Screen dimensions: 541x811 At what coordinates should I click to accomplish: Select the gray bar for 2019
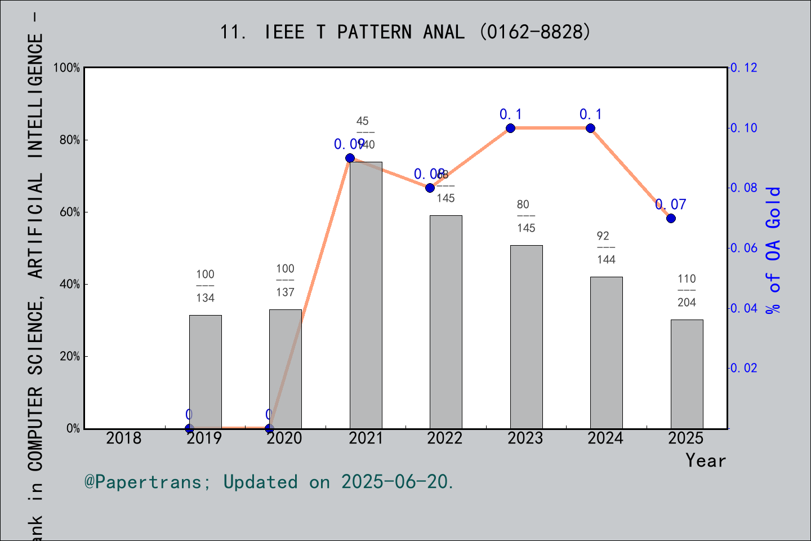pyautogui.click(x=205, y=371)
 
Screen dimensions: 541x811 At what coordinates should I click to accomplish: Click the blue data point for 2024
pyautogui.click(x=590, y=128)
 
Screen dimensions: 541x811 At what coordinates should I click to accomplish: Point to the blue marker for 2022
pyautogui.click(x=430, y=188)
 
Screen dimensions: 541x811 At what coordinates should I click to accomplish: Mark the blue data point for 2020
pyautogui.click(x=269, y=428)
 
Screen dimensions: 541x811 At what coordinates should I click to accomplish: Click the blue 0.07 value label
pyautogui.click(x=670, y=205)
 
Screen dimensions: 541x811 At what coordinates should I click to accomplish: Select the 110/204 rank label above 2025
pyautogui.click(x=687, y=290)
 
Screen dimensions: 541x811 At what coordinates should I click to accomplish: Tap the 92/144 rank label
pyautogui.click(x=606, y=247)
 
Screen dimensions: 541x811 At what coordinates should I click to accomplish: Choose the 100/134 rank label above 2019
pyautogui.click(x=205, y=286)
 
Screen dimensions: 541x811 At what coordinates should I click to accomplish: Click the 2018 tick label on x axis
pyautogui.click(x=124, y=438)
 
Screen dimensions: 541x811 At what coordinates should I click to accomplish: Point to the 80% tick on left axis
pyautogui.click(x=69, y=140)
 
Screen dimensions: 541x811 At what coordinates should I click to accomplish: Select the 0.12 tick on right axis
pyautogui.click(x=743, y=68)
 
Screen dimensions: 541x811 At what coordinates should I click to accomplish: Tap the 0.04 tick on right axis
pyautogui.click(x=743, y=308)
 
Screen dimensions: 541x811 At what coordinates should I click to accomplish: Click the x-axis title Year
pyautogui.click(x=705, y=460)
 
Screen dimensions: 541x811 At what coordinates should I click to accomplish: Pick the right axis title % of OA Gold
pyautogui.click(x=773, y=250)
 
